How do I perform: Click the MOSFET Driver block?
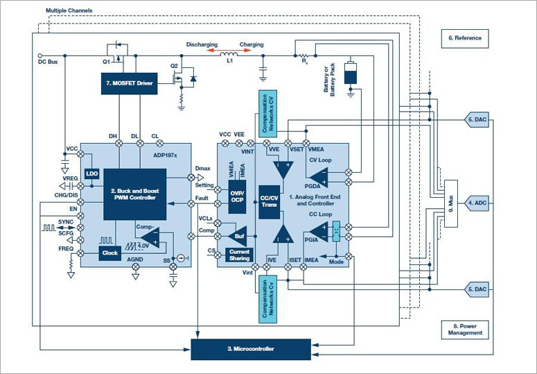point(128,83)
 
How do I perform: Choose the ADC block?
point(480,203)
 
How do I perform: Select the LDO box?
point(91,173)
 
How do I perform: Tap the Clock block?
point(109,253)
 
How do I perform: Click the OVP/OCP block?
point(238,195)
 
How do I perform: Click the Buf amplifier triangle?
point(238,235)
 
